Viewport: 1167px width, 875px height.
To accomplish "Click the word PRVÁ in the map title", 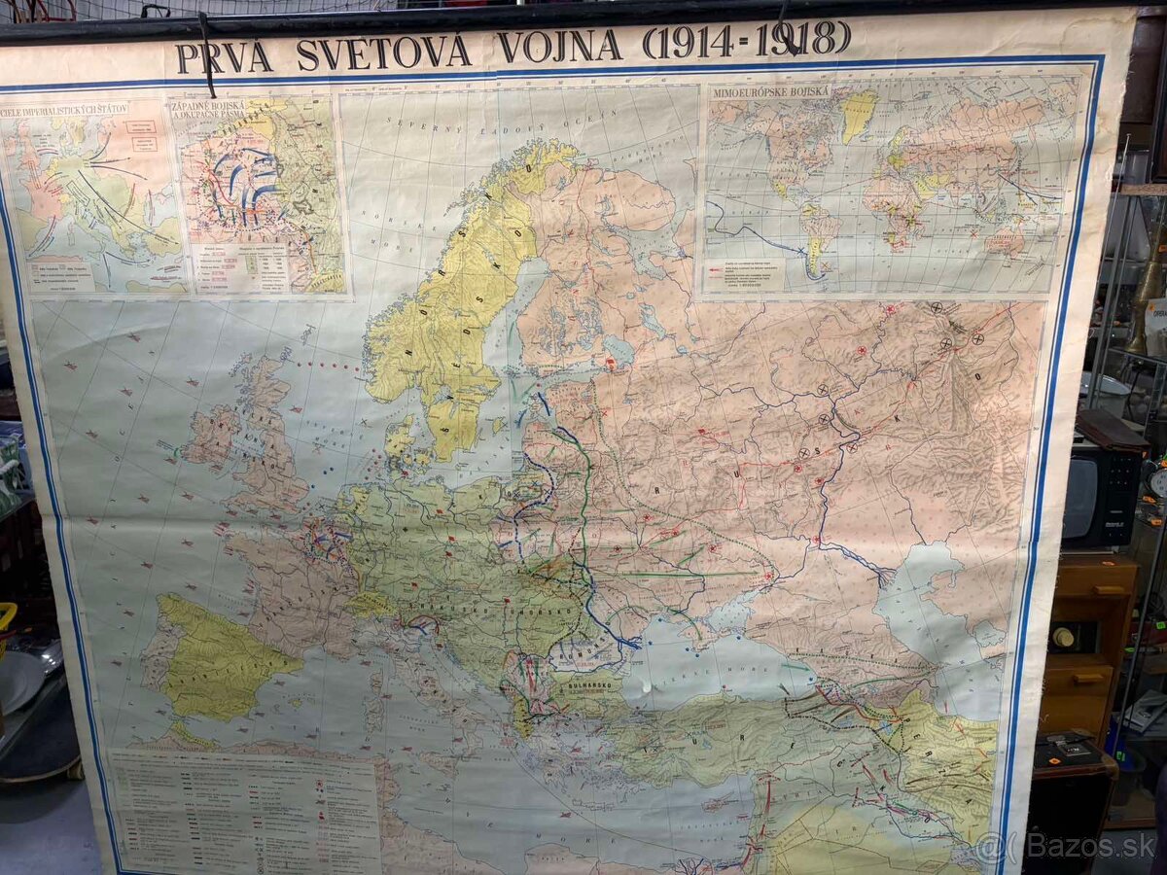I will pos(224,56).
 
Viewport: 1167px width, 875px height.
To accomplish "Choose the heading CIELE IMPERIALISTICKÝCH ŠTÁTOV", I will pos(65,109).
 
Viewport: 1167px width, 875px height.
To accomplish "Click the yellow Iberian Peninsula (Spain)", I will pos(219,661).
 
